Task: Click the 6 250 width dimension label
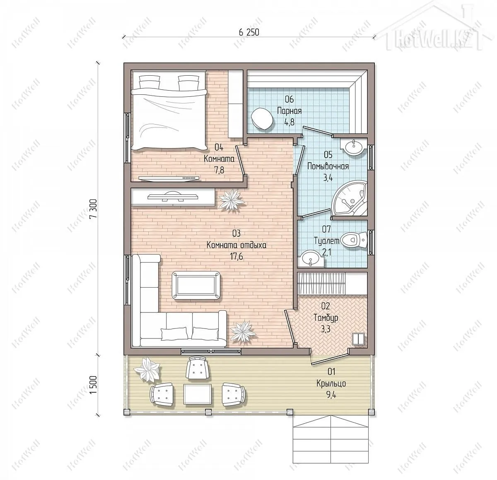[x=248, y=32]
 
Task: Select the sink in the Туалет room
[x=311, y=259]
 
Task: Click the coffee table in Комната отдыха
[x=195, y=285]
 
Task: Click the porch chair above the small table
[x=198, y=368]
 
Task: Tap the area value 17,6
[x=236, y=257]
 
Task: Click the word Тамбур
[x=326, y=318]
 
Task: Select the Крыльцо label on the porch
[x=331, y=383]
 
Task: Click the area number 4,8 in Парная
[x=290, y=122]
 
